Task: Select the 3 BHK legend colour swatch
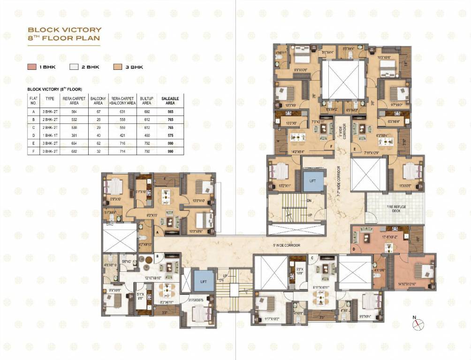pos(117,67)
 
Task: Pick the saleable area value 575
pos(168,135)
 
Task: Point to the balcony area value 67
pos(99,112)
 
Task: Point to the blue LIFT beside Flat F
pos(312,180)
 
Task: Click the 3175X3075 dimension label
pos(196,300)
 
